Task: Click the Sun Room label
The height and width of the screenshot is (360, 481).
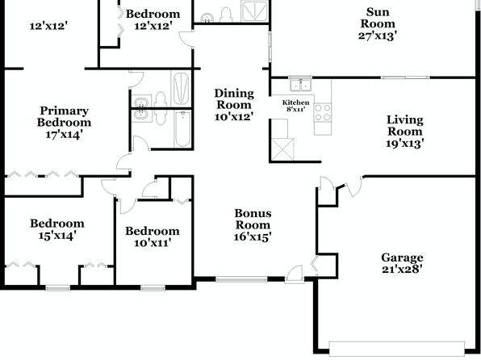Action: click(378, 18)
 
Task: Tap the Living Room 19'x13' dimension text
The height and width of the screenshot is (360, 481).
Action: click(405, 144)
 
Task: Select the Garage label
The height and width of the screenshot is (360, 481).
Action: click(402, 257)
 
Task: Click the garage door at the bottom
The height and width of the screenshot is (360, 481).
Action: click(396, 348)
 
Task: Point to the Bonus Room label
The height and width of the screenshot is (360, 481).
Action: click(253, 219)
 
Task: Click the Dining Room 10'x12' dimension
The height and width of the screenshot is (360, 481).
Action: click(234, 116)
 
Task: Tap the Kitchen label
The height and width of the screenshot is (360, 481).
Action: click(295, 103)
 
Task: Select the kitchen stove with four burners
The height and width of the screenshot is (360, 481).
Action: click(323, 112)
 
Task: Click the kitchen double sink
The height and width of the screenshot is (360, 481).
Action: click(300, 85)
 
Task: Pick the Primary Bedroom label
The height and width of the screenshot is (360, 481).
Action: click(64, 116)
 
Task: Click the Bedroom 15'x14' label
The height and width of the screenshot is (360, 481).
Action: click(57, 229)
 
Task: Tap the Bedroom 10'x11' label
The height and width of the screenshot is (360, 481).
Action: click(153, 237)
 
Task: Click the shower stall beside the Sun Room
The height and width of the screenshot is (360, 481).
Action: click(254, 11)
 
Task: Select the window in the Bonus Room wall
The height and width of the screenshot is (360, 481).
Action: click(241, 279)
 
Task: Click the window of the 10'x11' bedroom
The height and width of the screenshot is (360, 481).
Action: click(153, 287)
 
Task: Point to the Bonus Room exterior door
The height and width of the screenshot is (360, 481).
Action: click(295, 274)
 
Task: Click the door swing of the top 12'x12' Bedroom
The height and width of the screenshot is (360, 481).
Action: click(186, 39)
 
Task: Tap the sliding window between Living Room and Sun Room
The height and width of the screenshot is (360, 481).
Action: click(405, 77)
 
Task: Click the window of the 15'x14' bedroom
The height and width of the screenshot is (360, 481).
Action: click(57, 287)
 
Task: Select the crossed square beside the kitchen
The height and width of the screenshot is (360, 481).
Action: click(282, 149)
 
